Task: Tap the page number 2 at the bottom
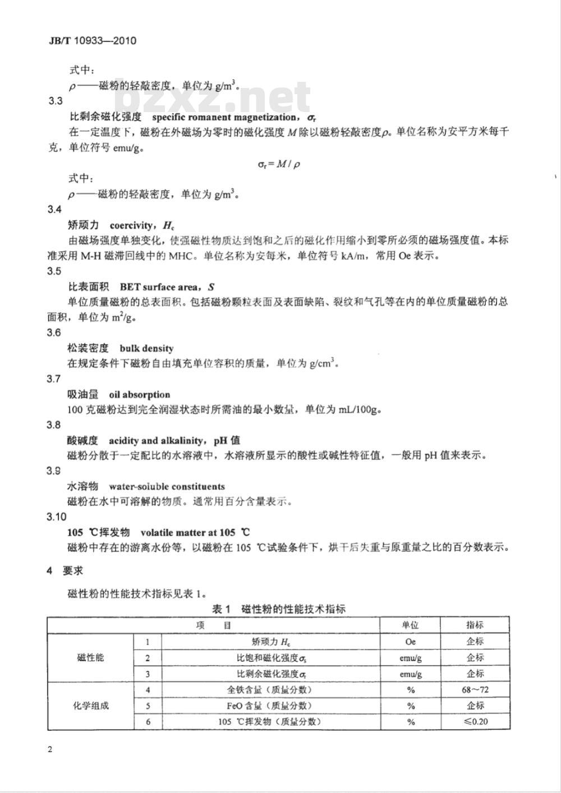point(50,750)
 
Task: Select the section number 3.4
point(54,210)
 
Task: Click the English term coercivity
point(131,225)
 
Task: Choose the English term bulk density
point(146,349)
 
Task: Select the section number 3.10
point(56,517)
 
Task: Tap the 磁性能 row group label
point(90,657)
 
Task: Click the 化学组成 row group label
point(90,706)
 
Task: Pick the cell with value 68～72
point(475,690)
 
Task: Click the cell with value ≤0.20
point(475,721)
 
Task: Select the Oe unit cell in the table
point(410,642)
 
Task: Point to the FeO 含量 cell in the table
point(270,706)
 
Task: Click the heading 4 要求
point(65,571)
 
